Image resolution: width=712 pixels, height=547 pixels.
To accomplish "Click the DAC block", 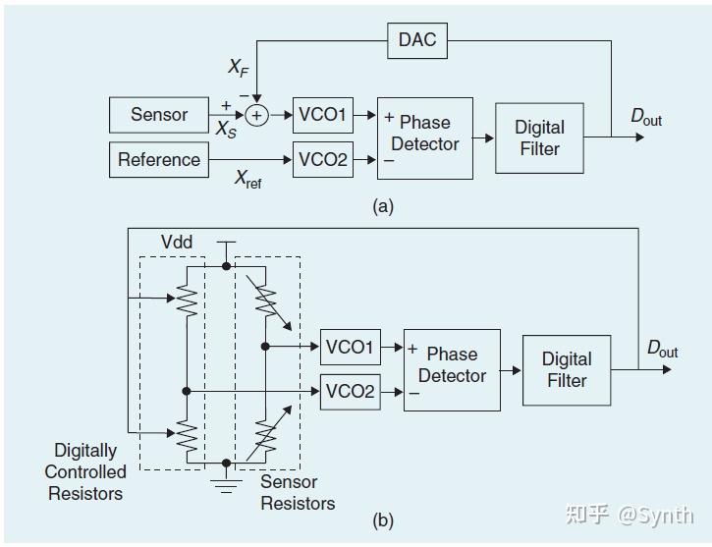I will point(417,40).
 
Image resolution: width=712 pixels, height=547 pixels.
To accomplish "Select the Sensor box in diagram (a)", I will point(159,115).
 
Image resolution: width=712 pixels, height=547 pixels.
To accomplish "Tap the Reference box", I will point(159,159).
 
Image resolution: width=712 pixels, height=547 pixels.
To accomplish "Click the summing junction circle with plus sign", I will point(257,116).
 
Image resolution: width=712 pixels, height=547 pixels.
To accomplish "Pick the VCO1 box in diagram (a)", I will point(322,115).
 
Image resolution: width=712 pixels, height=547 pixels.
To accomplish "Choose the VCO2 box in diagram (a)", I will point(322,159).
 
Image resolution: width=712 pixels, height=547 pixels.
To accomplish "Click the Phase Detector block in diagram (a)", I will point(424,137).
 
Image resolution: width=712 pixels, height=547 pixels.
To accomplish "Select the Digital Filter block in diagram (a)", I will point(539,137).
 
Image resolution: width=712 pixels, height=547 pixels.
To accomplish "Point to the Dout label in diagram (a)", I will point(646,118).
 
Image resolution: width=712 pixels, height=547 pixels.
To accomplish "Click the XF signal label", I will point(238,67).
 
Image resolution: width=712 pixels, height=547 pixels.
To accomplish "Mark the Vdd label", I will point(177,242).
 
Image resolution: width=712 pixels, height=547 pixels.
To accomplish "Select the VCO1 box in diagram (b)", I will point(351,347).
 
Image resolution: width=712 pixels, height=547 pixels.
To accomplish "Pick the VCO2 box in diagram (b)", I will point(351,391).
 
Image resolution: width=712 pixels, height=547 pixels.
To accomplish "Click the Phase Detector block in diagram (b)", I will point(452,368).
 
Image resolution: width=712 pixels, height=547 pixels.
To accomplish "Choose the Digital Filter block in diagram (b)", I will point(567,369).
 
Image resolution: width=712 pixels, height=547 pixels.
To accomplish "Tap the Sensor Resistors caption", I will point(298,492).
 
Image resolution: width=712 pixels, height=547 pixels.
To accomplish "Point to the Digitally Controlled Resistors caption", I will point(85,471).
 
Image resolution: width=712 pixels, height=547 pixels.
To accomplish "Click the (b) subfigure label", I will point(383,521).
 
